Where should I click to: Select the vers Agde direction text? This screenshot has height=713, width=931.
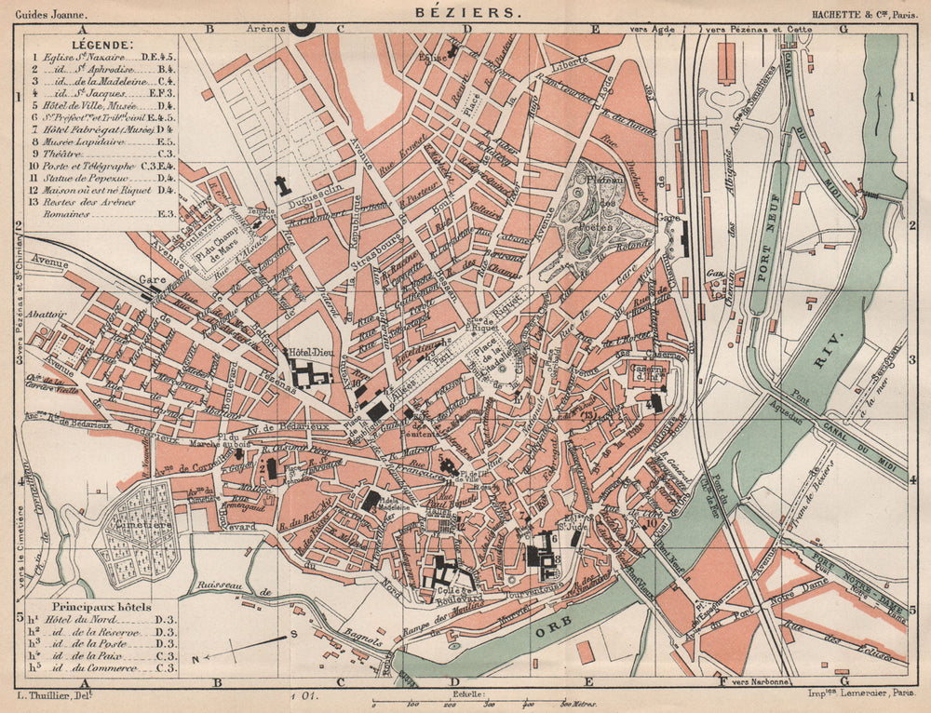(651, 30)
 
